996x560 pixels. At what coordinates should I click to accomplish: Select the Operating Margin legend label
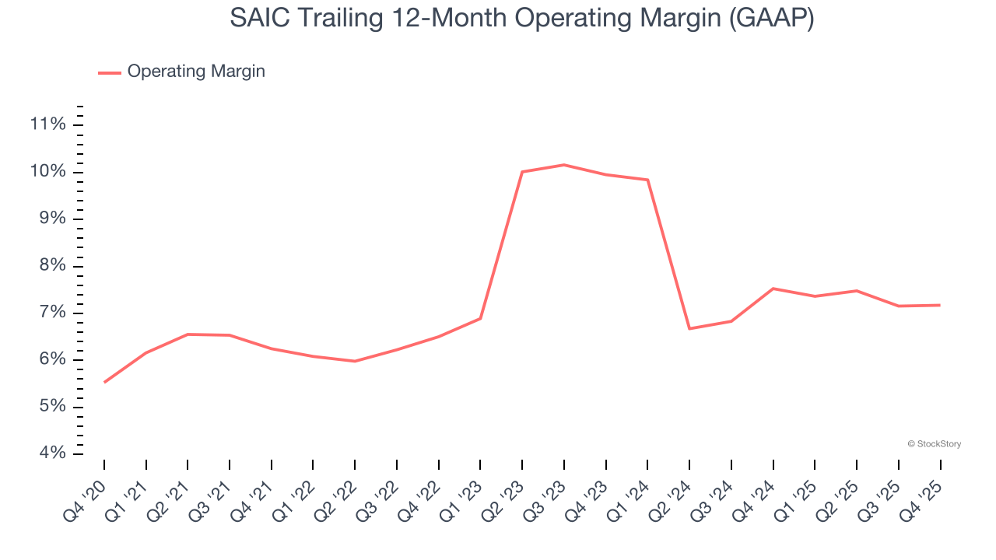pyautogui.click(x=196, y=72)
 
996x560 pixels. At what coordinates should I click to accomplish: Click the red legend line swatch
pyautogui.click(x=110, y=72)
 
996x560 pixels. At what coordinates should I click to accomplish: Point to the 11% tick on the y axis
pyautogui.click(x=47, y=124)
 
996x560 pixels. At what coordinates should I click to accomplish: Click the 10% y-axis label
pyautogui.click(x=47, y=172)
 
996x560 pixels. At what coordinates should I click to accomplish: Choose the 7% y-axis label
pyautogui.click(x=50, y=313)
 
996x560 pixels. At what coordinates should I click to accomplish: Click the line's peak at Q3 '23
pyautogui.click(x=563, y=165)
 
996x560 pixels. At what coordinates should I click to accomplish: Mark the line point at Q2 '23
pyautogui.click(x=522, y=172)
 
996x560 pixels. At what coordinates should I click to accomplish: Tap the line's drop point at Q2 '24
pyautogui.click(x=689, y=328)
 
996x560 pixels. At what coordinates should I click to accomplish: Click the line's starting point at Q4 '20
pyautogui.click(x=104, y=382)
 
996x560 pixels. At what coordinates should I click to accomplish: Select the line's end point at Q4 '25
pyautogui.click(x=940, y=305)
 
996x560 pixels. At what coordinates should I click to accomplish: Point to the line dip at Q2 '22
pyautogui.click(x=355, y=361)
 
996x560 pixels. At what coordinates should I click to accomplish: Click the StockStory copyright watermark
pyautogui.click(x=934, y=444)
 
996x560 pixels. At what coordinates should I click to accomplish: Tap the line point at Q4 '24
pyautogui.click(x=773, y=289)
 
